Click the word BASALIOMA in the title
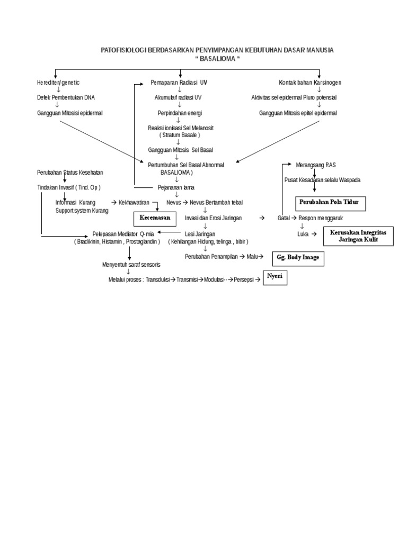coord(218,58)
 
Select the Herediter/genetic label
coord(58,83)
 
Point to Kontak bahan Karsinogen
coord(310,83)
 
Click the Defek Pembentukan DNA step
coord(66,98)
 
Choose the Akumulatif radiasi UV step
coord(178,98)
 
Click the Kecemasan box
coord(155,218)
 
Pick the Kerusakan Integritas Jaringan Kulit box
coord(358,236)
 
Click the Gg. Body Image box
coord(297,259)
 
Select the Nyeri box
coord(275,277)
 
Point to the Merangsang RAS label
coord(316,165)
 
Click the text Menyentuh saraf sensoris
coord(131,264)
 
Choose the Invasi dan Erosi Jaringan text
coord(214,218)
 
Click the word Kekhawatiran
coord(135,203)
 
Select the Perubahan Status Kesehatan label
coord(70,173)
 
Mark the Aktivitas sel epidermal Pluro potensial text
coord(294,98)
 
